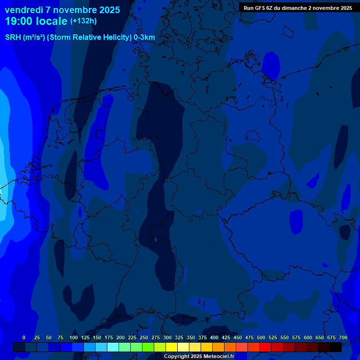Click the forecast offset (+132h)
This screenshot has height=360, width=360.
pos(83,21)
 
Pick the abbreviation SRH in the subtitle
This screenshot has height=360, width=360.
pos(13,37)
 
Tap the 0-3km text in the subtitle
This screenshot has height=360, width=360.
pos(144,37)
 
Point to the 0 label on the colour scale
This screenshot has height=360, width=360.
pos(24,337)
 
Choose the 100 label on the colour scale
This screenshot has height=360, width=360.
pos(73,337)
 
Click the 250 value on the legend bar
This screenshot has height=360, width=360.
pos(143,337)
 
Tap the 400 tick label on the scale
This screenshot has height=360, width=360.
pos(214,337)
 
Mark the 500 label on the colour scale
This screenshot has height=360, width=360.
pos(261,337)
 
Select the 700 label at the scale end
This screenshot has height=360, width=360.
pos(343,337)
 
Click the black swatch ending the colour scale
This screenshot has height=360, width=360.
pos(336,347)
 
